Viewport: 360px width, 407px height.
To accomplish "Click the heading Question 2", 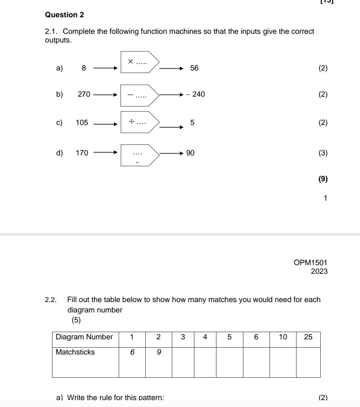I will pyautogui.click(x=65, y=15).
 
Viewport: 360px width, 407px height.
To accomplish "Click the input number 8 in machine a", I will pyautogui.click(x=84, y=68).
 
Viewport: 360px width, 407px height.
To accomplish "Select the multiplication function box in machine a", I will pyautogui.click(x=138, y=62).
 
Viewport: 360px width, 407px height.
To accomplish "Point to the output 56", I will pyautogui.click(x=194, y=68).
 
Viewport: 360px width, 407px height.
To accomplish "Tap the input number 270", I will pyautogui.click(x=84, y=94).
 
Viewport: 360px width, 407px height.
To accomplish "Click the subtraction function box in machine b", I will pyautogui.click(x=138, y=95).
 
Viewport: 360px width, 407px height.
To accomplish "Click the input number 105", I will pyautogui.click(x=82, y=123).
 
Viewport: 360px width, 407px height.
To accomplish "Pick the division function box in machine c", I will pyautogui.click(x=138, y=122).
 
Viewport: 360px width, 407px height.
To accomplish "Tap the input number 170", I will pyautogui.click(x=82, y=153).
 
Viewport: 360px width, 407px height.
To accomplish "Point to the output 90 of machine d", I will pyautogui.click(x=191, y=153).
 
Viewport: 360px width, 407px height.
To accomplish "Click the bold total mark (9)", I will pyautogui.click(x=323, y=179).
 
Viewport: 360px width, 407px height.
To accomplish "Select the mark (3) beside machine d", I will pyautogui.click(x=323, y=153).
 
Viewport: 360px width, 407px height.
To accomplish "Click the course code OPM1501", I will pyautogui.click(x=311, y=263).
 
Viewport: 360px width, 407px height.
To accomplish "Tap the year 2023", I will pyautogui.click(x=319, y=271).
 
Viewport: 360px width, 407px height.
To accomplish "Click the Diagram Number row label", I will pyautogui.click(x=84, y=337).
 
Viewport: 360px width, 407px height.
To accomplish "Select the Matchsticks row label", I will pyautogui.click(x=75, y=353).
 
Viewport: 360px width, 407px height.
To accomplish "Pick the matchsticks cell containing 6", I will pyautogui.click(x=132, y=353).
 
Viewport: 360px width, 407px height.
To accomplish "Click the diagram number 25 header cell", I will pyautogui.click(x=308, y=337).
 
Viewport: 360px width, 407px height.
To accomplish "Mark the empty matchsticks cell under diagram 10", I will pyautogui.click(x=283, y=362).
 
